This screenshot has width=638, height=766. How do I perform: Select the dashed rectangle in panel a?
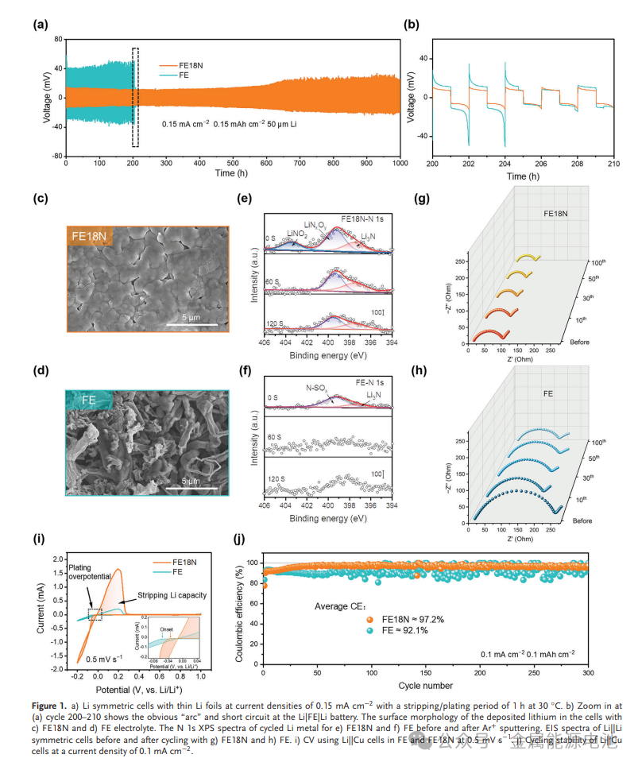click(x=135, y=97)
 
